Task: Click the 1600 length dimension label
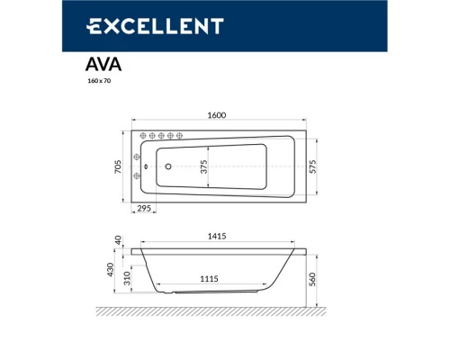tap(217, 114)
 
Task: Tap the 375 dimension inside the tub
tap(204, 166)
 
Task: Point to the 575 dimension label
tap(312, 166)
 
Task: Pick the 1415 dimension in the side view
tap(216, 237)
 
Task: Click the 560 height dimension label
tap(312, 280)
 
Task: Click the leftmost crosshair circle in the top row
tap(141, 136)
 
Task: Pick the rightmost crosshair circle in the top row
tap(180, 136)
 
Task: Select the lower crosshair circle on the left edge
tap(136, 175)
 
